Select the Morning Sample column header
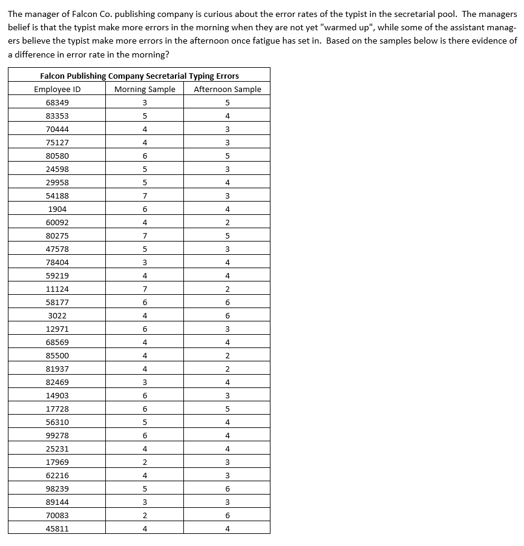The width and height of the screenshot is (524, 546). click(145, 90)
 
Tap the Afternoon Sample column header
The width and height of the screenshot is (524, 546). click(228, 90)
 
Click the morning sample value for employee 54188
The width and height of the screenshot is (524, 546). click(145, 196)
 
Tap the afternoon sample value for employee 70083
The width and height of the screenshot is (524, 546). click(228, 516)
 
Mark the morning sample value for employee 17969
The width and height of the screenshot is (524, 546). click(145, 462)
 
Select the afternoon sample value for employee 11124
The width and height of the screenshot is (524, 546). click(228, 289)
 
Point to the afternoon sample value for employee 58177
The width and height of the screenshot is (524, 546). click(228, 303)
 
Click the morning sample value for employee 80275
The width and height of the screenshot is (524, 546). click(145, 236)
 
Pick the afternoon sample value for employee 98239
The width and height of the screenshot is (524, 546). click(228, 489)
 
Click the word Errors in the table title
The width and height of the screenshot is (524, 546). click(226, 76)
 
